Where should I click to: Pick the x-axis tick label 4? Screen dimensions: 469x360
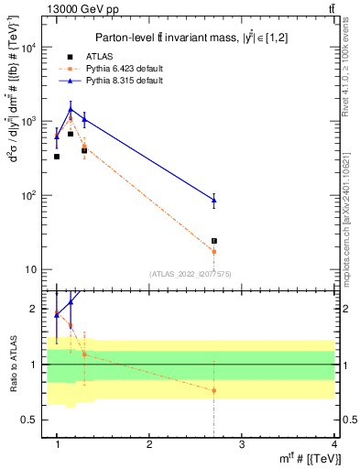[x=333, y=444]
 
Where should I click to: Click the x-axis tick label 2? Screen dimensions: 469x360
[x=149, y=444]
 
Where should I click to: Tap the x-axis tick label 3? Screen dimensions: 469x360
[x=241, y=444]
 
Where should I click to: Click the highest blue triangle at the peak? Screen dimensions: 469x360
[x=71, y=109]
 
